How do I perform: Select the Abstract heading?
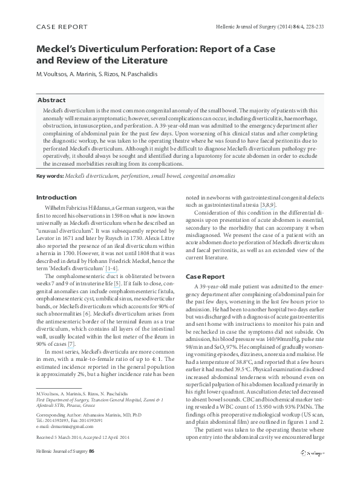tap(52, 99)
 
